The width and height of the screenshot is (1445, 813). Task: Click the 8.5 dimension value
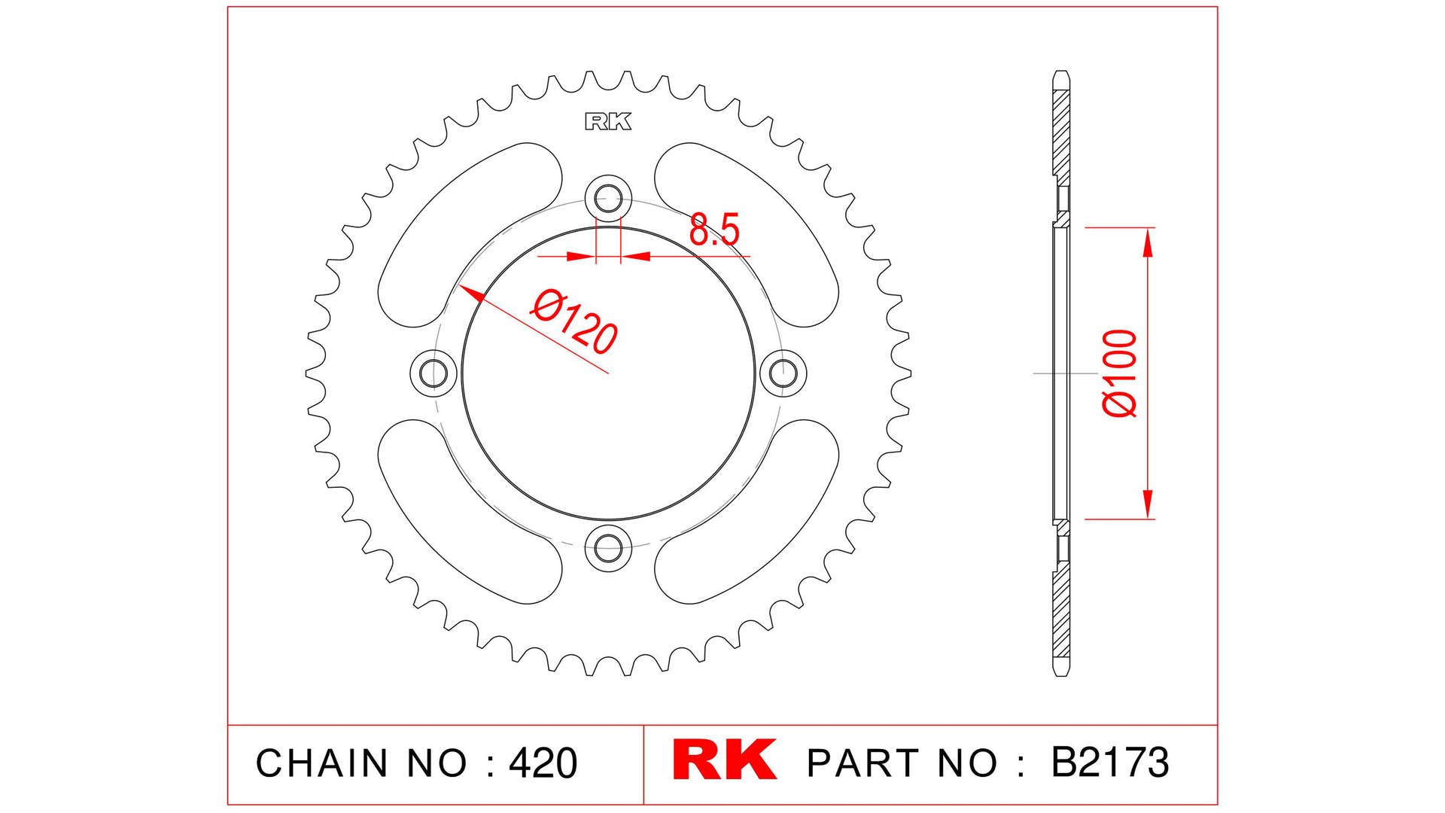pos(713,230)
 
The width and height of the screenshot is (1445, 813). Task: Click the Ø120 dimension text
pos(574,322)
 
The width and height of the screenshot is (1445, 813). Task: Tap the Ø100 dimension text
pos(1119,373)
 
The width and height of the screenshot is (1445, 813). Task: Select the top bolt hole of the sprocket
pos(608,199)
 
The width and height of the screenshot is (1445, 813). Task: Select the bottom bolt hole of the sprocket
pos(608,547)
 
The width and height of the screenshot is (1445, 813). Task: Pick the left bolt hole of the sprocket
pos(433,373)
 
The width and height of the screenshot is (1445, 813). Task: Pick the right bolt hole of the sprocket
pos(783,373)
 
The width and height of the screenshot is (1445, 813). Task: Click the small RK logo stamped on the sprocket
pos(608,122)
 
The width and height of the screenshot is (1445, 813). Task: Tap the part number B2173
pos(1109,763)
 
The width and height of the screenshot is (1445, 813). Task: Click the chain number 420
pos(543,763)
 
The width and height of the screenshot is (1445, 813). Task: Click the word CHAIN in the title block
pos(322,763)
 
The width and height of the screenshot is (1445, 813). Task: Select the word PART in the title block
pos(864,763)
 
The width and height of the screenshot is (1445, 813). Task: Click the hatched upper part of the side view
pos(1060,135)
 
